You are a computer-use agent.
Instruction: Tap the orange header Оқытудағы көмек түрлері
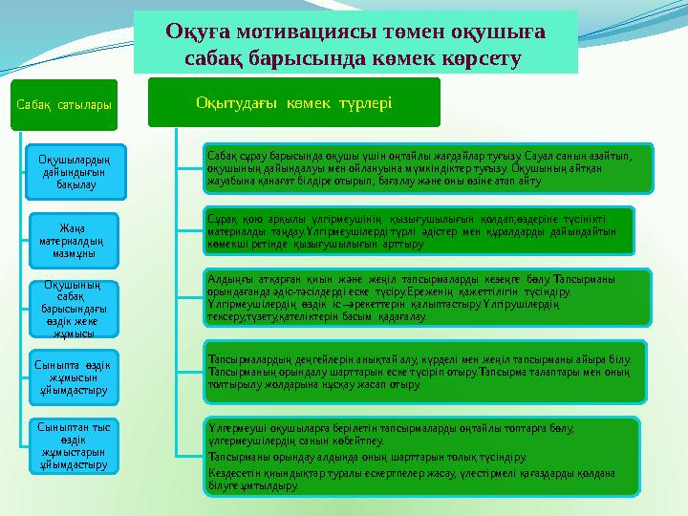(x=293, y=102)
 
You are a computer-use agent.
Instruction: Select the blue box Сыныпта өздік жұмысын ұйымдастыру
(x=68, y=376)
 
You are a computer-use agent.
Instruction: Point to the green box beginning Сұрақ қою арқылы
(x=419, y=230)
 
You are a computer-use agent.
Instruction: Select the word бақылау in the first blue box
(x=68, y=183)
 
